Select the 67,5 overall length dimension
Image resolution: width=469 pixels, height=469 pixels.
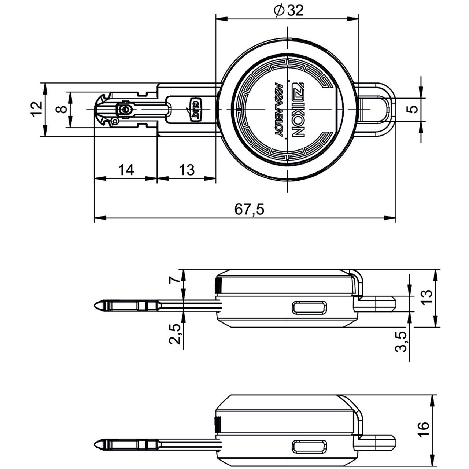[249, 209]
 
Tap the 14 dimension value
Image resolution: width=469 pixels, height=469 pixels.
[126, 170]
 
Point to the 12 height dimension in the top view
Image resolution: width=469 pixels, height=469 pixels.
[36, 109]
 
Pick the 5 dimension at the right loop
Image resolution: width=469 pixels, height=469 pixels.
[413, 109]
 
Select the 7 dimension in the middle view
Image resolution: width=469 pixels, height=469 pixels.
[176, 280]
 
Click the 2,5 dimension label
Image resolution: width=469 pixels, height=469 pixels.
[176, 333]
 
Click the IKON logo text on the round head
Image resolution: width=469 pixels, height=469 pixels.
[297, 109]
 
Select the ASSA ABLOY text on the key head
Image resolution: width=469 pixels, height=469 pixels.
[279, 109]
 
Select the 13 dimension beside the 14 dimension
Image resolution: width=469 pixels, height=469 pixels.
[187, 170]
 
